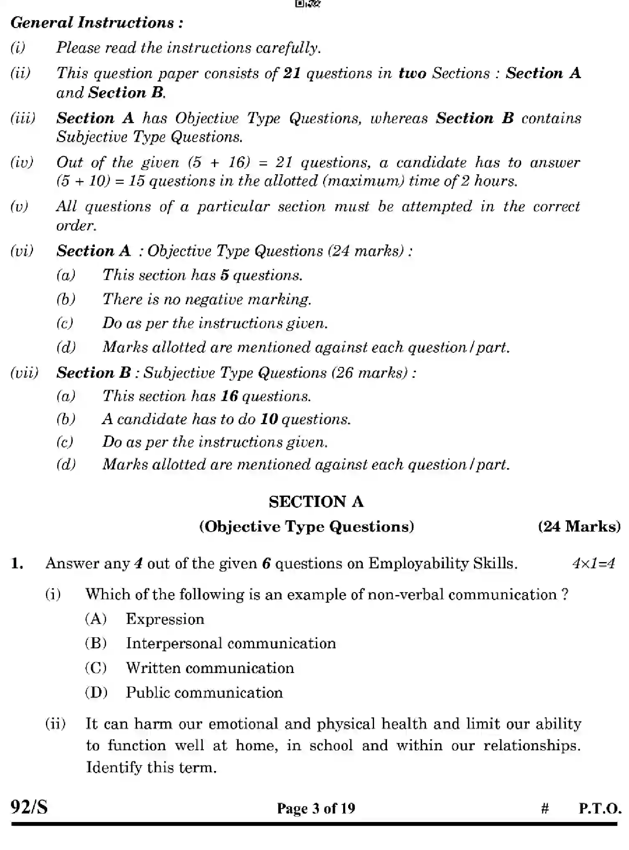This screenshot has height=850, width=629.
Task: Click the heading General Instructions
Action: pos(97,23)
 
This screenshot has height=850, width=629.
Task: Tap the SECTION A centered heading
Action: pos(316,501)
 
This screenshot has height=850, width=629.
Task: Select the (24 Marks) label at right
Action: pos(579,526)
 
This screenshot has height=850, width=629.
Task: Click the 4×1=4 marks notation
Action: pos(593,564)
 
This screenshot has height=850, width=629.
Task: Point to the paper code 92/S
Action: pos(29,807)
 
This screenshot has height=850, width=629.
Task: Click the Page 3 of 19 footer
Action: pos(316,808)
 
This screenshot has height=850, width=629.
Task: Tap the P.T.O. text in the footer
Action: pos(600,808)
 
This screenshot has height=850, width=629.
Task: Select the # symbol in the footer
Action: pos(545,809)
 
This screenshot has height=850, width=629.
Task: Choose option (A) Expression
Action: pos(165,619)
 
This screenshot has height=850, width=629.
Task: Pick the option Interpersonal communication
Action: pos(231,643)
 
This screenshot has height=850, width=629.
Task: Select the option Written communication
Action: pos(210,668)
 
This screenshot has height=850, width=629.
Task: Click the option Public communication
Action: pos(204,692)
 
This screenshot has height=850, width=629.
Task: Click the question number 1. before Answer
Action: pos(17,564)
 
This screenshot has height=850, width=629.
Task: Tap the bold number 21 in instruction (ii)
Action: pos(292,73)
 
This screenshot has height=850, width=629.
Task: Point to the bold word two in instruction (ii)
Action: pos(412,73)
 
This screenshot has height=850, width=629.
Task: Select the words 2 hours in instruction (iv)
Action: pos(489,181)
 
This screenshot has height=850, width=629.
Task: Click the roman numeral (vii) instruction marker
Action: pos(24,372)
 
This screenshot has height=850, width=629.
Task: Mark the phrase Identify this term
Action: pos(151,767)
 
